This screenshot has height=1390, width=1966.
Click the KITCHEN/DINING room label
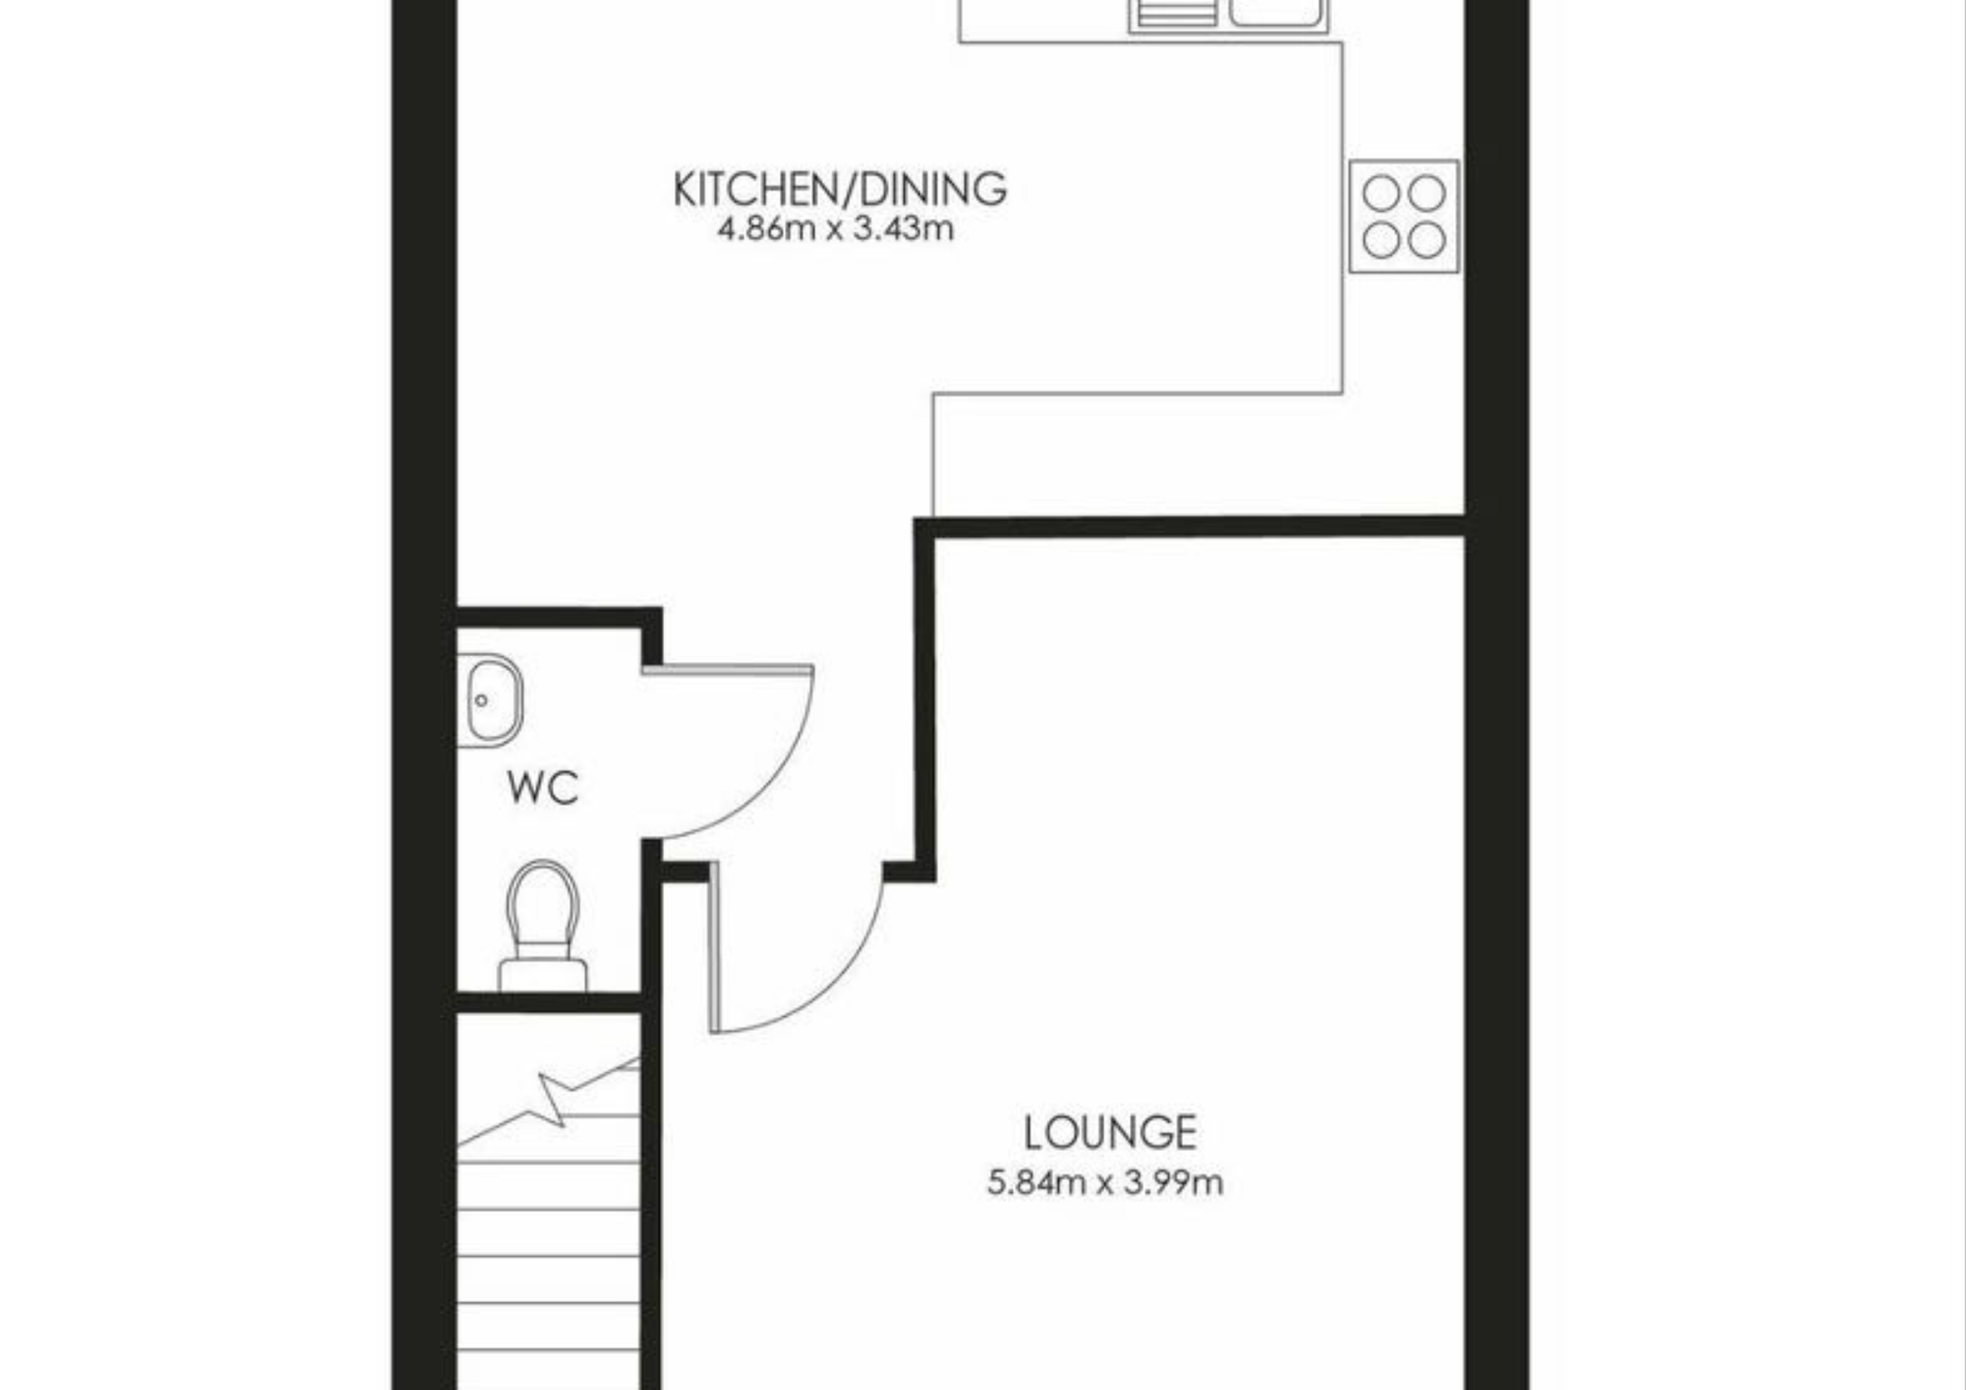[840, 190]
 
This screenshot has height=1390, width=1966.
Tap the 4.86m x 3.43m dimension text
[836, 229]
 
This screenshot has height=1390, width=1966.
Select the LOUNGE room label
[1110, 1132]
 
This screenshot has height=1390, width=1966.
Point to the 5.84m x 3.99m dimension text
[1104, 1184]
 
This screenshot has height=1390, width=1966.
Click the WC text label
[543, 788]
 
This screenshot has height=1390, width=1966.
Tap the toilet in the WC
[543, 925]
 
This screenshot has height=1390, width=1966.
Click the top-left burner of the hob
[1381, 194]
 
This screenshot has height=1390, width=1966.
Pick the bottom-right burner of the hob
[1427, 241]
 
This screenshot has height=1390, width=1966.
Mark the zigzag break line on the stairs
[548, 1102]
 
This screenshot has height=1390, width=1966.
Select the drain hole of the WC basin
[481, 700]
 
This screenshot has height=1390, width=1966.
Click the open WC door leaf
[728, 670]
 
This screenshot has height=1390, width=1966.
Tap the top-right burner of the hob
[1427, 194]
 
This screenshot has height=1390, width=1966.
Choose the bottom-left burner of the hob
[1381, 241]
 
